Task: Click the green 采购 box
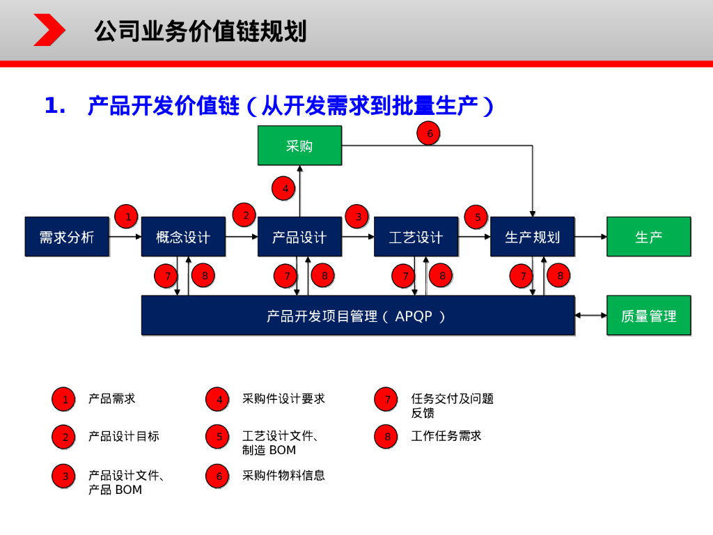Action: (x=299, y=146)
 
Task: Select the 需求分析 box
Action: (x=67, y=237)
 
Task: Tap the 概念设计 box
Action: (x=183, y=237)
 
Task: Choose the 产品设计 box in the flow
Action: (x=299, y=237)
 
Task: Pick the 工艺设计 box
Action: (x=416, y=237)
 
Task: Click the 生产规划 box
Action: (x=532, y=237)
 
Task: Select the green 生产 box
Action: (x=648, y=237)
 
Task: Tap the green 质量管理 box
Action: (x=648, y=316)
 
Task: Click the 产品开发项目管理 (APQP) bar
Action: (x=358, y=316)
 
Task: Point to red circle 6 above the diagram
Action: (x=429, y=134)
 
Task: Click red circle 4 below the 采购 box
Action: (x=284, y=187)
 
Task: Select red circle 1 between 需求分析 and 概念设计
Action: (x=127, y=217)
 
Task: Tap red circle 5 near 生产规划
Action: (x=477, y=217)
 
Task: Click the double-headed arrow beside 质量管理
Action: (x=590, y=316)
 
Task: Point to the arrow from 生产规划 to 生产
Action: (x=590, y=237)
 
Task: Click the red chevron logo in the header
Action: (x=49, y=31)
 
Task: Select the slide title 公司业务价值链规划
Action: (x=201, y=31)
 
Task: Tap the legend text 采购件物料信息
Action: (x=283, y=476)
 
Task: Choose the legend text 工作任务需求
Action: (x=446, y=436)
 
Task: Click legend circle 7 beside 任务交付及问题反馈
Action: (x=386, y=399)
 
